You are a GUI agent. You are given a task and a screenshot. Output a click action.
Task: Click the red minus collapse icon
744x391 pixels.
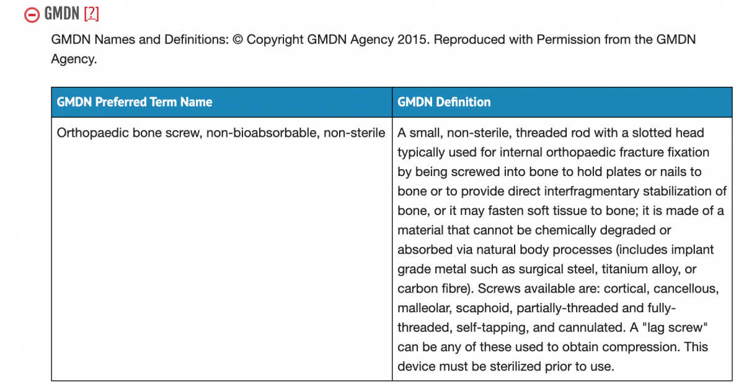point(32,14)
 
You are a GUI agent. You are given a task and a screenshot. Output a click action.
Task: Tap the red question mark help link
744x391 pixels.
point(91,14)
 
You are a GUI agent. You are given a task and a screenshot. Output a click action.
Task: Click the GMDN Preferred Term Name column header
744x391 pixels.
point(135,102)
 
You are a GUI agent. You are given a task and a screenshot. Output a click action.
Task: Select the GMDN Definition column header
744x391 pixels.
point(444,102)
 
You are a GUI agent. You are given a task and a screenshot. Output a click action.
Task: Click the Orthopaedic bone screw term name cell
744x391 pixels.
point(221,133)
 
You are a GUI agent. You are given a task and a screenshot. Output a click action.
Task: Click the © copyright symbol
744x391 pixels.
point(239,40)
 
